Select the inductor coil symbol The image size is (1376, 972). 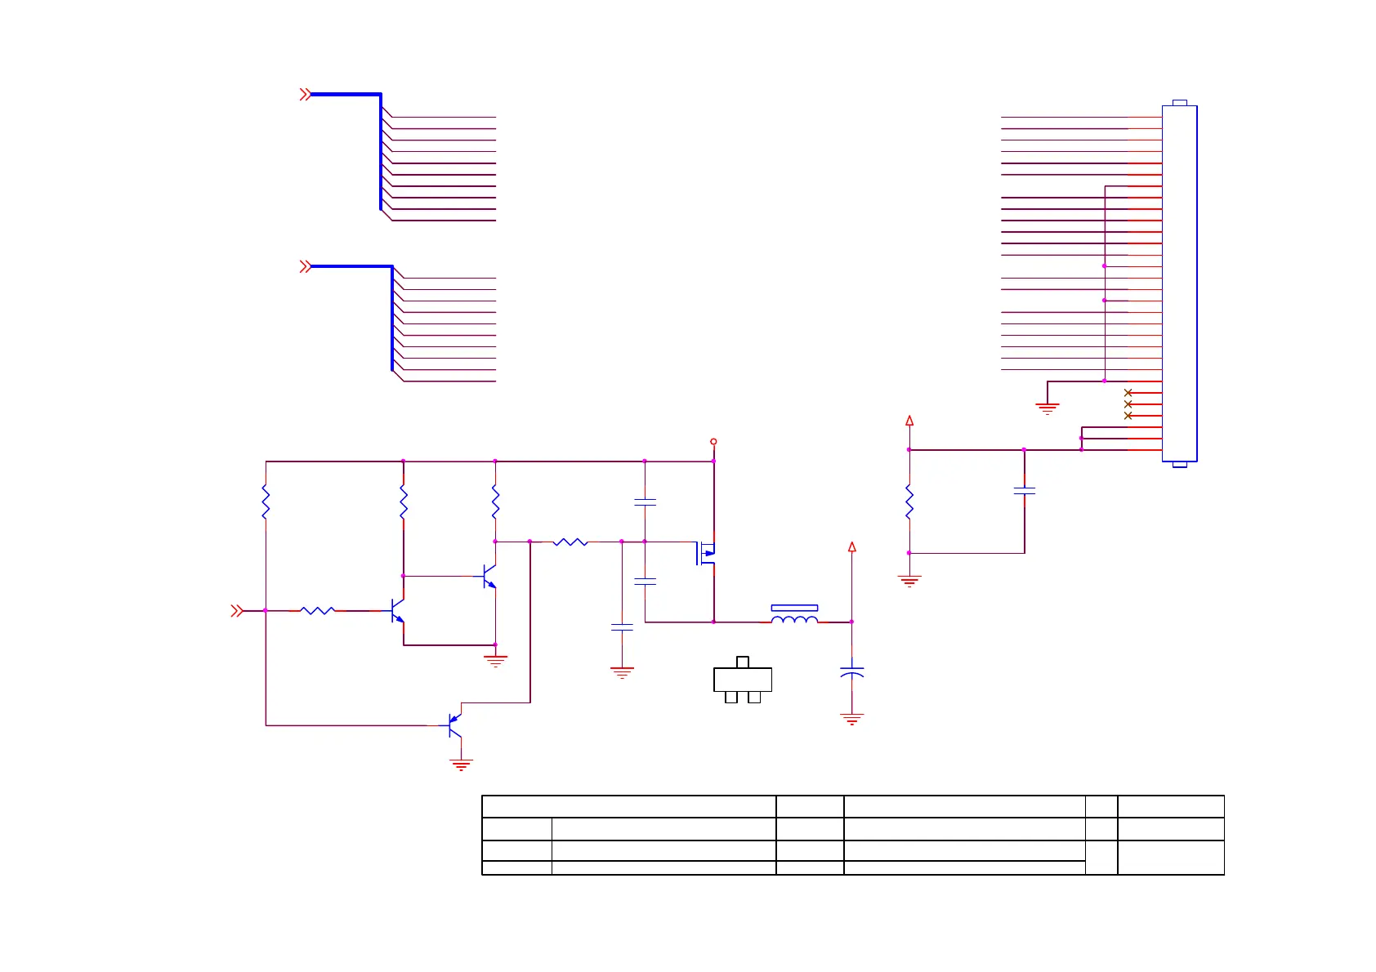794,621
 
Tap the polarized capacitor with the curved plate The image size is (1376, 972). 851,671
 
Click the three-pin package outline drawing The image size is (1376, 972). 743,680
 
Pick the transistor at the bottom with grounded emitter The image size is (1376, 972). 455,725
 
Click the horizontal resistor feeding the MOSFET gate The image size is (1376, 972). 570,542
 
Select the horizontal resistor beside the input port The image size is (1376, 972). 317,610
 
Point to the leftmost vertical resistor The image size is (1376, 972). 266,502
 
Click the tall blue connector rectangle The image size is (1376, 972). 1179,283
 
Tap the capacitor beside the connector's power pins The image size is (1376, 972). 1024,491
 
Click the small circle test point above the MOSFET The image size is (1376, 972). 713,442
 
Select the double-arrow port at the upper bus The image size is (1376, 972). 305,95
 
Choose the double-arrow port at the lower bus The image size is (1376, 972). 305,266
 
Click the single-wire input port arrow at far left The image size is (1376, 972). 236,610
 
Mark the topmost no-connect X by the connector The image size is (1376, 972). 1128,393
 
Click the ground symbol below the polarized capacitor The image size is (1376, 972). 851,719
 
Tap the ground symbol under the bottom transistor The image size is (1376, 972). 461,765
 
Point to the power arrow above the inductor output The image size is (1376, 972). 851,547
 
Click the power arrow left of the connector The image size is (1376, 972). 909,421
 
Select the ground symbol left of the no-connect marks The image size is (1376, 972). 1047,408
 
